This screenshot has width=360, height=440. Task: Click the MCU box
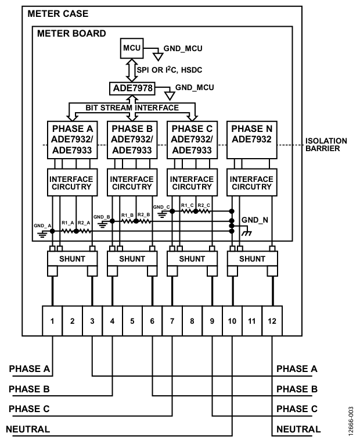[x=132, y=48]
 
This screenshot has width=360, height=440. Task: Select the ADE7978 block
[x=132, y=88]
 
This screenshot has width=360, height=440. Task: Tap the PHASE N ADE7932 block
[x=252, y=140]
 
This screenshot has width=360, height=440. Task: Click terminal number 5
[x=132, y=321]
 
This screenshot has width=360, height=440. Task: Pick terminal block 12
[x=272, y=321]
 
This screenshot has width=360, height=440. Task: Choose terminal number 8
[x=192, y=321]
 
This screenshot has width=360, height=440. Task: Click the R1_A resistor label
[x=68, y=223]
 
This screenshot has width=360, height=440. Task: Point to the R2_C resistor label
[x=204, y=205]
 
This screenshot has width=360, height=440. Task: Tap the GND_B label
[x=102, y=217]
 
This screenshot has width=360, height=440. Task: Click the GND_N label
[x=255, y=220]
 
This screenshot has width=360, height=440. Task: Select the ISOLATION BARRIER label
[x=326, y=145]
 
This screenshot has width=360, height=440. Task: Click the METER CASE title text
[x=58, y=14]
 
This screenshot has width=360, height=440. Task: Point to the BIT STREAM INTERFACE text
[x=132, y=108]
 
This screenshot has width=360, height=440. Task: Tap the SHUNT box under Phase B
[x=132, y=259]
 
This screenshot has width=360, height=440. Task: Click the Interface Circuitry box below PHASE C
[x=192, y=183]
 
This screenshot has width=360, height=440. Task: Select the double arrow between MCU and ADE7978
[x=132, y=70]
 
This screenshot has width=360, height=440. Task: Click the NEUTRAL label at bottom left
[x=28, y=429]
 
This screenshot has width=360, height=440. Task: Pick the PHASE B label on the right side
[x=297, y=389]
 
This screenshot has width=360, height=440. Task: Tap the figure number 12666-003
[x=351, y=421]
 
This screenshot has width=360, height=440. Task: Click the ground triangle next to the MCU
[x=158, y=57]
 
